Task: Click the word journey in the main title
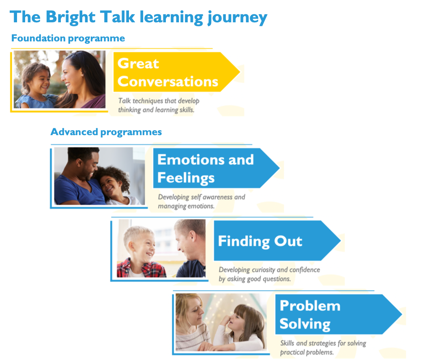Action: tap(237, 17)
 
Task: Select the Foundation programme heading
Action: tap(68, 38)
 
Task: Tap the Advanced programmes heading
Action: tap(106, 132)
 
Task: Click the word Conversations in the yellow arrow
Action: tap(168, 82)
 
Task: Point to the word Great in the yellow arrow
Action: tap(138, 63)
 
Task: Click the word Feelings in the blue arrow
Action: tap(186, 178)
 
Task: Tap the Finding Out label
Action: tap(260, 241)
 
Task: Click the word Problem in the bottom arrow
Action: tap(310, 306)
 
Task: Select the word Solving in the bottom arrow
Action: tap(305, 324)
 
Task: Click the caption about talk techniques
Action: tap(159, 106)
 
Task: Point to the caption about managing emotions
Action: tap(202, 202)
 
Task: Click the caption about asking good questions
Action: tap(269, 274)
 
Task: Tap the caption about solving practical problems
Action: tap(323, 348)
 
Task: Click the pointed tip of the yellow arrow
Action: tap(240, 72)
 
